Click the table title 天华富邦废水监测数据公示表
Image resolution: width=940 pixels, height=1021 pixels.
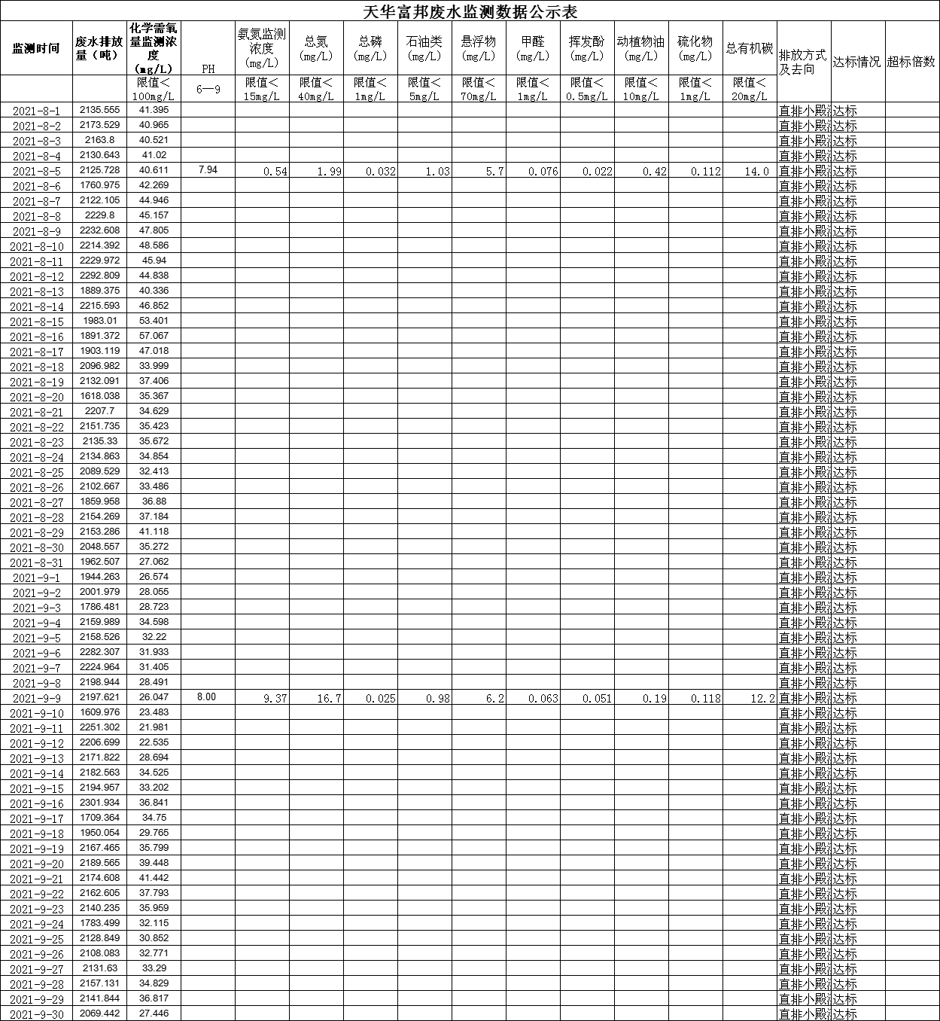pos(470,11)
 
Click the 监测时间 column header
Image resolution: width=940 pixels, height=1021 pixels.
pos(36,48)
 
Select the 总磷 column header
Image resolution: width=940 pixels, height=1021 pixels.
pos(370,48)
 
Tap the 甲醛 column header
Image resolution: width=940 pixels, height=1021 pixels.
pos(533,48)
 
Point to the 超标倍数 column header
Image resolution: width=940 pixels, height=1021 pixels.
pos(911,62)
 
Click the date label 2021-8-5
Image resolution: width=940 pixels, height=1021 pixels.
pos(36,171)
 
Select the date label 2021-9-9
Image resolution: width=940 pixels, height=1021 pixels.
pos(36,698)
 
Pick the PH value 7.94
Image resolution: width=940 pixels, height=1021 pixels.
pos(208,170)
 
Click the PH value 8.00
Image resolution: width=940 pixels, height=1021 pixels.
pos(206,697)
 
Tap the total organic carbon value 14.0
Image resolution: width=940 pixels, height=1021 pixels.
pos(757,172)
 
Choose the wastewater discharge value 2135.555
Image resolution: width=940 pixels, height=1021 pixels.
pos(100,110)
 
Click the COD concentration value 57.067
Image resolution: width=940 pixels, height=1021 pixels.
pos(154,336)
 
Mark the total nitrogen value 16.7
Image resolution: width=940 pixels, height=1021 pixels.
pos(329,699)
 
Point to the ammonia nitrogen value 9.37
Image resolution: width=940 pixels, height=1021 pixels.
pos(275,699)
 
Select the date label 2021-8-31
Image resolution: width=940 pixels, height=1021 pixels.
pos(36,562)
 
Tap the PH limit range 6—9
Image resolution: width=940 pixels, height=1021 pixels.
pos(208,89)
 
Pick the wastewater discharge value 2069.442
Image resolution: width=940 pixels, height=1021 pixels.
pos(100,1013)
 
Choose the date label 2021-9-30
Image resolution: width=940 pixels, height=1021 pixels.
pos(36,1014)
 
